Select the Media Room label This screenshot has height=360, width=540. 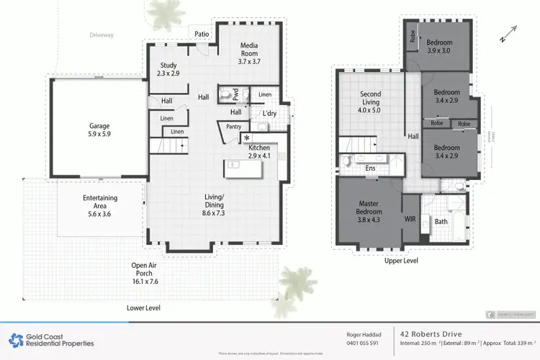coord(253,53)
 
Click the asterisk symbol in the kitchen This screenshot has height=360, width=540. coord(247,138)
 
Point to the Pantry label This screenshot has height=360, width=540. coord(233,127)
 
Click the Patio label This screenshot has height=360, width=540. coord(201,33)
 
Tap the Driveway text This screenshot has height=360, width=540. coord(102,35)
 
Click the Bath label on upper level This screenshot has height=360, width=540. coord(441,221)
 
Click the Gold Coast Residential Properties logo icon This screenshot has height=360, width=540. coord(15,339)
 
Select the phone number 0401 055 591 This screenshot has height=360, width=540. coord(358,343)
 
